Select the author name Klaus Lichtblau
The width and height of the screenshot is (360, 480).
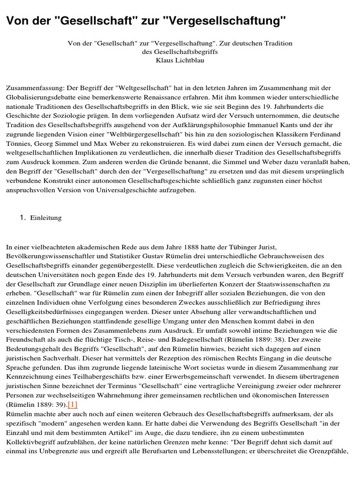pos(180,60)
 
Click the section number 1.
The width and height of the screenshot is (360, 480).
pos(22,218)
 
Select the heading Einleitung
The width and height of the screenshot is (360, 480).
pos(46,218)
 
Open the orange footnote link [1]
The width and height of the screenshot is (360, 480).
pos(73,405)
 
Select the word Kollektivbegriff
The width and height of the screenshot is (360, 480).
pos(31,442)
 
